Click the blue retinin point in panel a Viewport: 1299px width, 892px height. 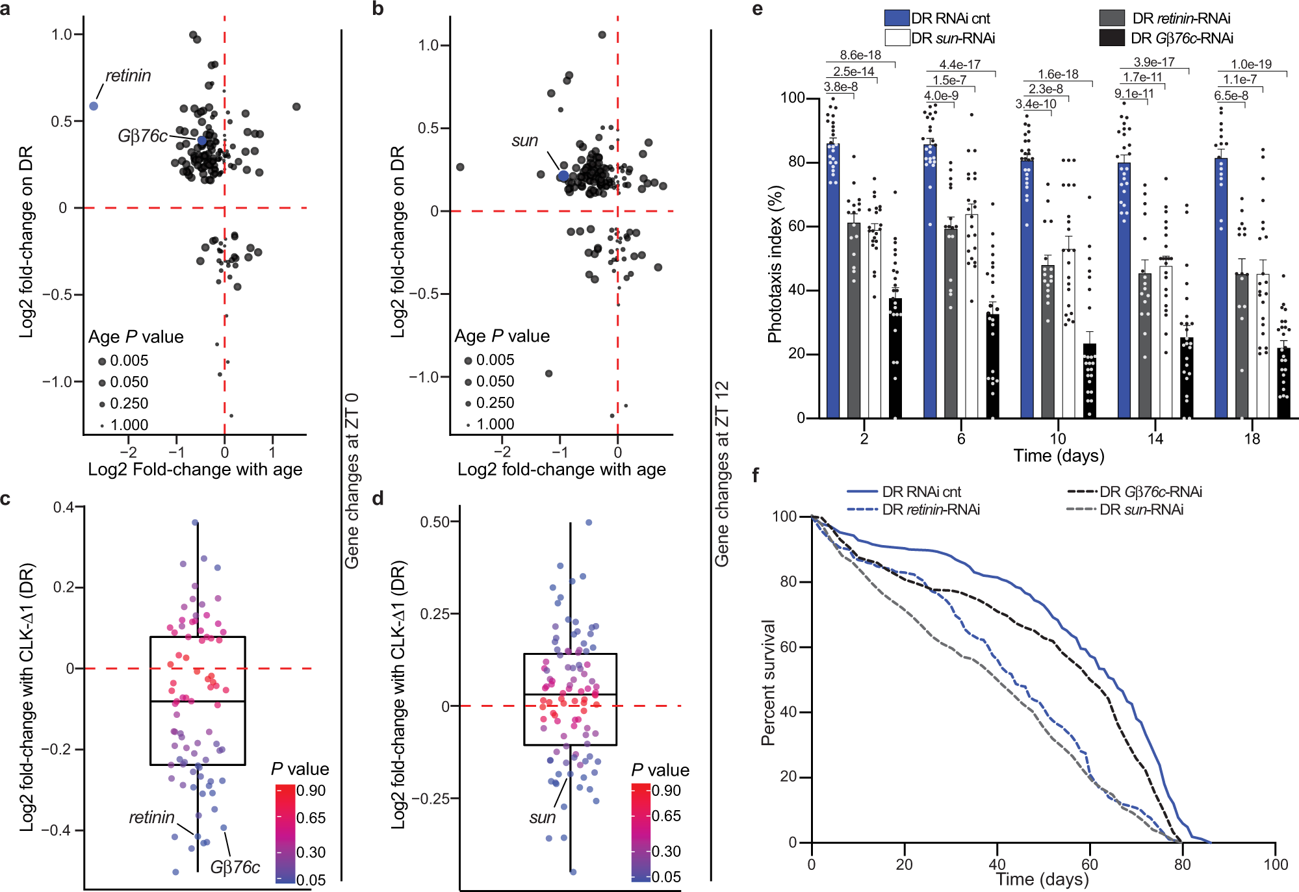(94, 106)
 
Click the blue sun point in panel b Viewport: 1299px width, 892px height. (563, 176)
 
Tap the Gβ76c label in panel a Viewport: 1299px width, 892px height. (142, 136)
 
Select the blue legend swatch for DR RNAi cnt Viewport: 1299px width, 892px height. (896, 18)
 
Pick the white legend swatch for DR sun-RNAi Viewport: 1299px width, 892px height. (896, 38)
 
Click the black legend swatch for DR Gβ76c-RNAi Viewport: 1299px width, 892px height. (1111, 38)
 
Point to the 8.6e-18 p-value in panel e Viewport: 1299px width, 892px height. (860, 55)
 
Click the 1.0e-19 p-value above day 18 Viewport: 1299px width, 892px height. (1251, 64)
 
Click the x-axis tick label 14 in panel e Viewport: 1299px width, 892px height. (1155, 439)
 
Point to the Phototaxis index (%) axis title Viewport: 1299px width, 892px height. (775, 264)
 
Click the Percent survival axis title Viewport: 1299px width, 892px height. (768, 682)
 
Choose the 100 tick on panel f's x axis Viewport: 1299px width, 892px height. (1276, 865)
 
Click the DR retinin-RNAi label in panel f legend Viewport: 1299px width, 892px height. (931, 509)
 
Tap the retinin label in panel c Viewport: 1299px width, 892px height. (151, 817)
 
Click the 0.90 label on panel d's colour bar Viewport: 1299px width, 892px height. (666, 791)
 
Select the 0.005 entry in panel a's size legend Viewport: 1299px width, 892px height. (129, 361)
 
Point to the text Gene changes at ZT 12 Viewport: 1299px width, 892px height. (722, 474)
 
